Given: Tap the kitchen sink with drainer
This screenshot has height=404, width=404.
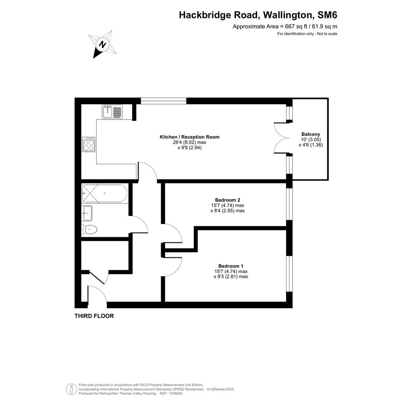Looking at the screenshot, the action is [x=112, y=112].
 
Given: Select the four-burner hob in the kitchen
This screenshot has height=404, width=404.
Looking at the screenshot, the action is [x=88, y=144].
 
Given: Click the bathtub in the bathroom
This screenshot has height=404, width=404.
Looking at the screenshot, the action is [x=104, y=193].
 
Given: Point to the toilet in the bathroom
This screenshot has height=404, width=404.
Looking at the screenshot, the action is [x=89, y=229].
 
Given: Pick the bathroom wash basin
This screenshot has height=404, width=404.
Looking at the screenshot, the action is [x=87, y=213].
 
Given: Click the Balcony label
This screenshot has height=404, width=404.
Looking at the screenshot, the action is [x=311, y=134].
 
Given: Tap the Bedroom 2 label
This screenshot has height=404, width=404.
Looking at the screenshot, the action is [x=228, y=200].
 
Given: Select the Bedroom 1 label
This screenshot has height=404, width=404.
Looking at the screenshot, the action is [x=231, y=266].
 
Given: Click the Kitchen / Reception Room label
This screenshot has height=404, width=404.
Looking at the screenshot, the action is [x=190, y=137].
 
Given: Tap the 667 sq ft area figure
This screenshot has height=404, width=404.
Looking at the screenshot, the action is [x=296, y=26].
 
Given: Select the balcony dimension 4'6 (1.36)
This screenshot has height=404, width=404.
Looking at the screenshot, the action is [x=311, y=145].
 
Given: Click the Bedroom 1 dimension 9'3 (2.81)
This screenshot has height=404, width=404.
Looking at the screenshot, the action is [x=231, y=277].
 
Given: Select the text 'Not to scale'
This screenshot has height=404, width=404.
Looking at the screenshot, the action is [x=327, y=34].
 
